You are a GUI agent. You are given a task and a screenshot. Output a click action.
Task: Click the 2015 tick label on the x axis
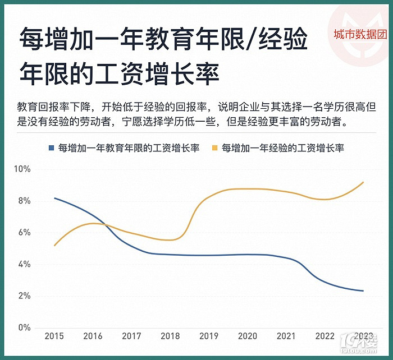click(x=54, y=336)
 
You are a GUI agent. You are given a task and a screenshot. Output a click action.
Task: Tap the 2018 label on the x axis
click(x=170, y=336)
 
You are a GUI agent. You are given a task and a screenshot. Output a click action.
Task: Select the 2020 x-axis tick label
click(x=248, y=336)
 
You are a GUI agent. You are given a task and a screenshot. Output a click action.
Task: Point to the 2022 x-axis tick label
click(x=325, y=336)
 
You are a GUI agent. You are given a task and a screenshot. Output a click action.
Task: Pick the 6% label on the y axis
click(x=24, y=233)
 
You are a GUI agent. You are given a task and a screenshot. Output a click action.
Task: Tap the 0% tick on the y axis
click(x=24, y=327)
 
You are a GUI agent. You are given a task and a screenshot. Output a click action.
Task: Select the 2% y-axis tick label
click(x=24, y=296)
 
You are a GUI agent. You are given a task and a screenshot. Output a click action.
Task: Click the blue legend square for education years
click(x=51, y=148)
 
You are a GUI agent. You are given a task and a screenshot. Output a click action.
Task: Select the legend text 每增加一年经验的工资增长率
click(x=282, y=148)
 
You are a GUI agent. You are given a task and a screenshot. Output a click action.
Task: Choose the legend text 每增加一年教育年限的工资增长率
click(x=129, y=148)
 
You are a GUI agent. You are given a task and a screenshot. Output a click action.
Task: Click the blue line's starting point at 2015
click(x=54, y=198)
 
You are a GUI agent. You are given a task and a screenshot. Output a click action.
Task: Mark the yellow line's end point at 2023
click(x=364, y=182)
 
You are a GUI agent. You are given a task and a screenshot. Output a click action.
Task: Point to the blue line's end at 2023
click(x=364, y=290)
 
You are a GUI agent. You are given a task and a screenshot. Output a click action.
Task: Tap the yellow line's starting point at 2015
click(x=54, y=246)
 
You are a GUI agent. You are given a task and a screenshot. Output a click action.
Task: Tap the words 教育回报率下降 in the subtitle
click(x=52, y=107)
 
